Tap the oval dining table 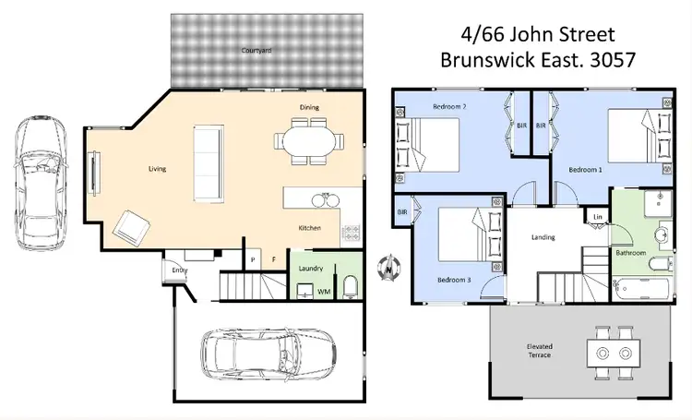(308, 143)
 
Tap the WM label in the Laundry (324, 292)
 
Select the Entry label (179, 270)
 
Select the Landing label (543, 237)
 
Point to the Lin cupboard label (598, 217)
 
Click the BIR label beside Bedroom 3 (402, 212)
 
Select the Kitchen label (309, 227)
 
